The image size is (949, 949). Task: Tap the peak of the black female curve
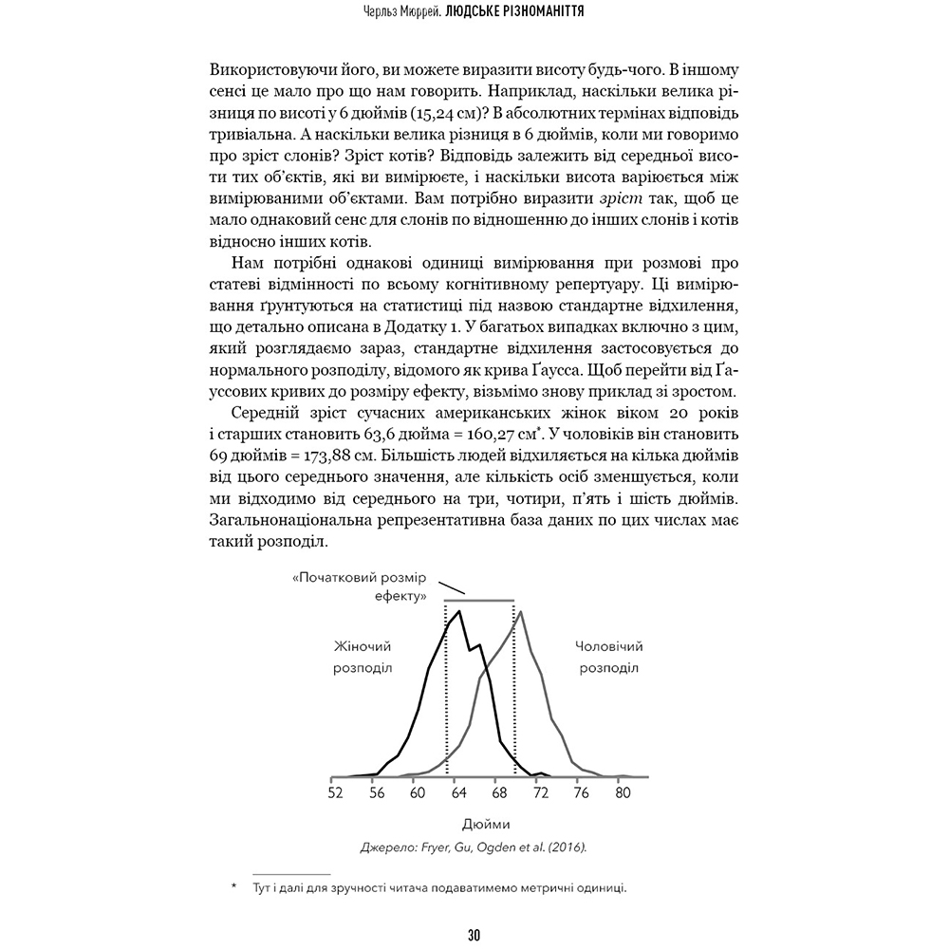point(459,610)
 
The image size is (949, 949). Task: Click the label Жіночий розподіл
point(362,657)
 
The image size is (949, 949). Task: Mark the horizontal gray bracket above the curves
point(479,602)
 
